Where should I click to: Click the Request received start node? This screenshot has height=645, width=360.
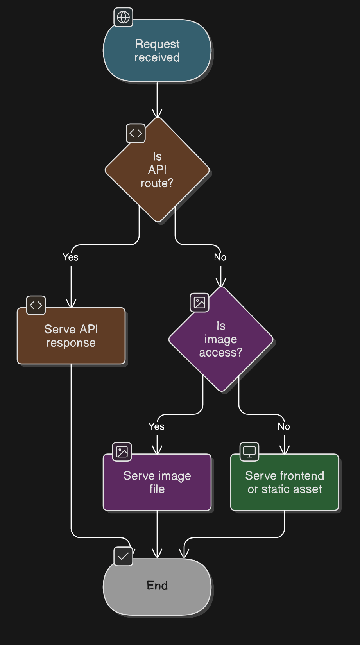pos(157,51)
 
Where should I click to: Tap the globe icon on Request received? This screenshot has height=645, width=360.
pos(123,17)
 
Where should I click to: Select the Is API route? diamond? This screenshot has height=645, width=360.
pos(157,170)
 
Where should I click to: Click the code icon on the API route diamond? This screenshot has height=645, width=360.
pos(136,133)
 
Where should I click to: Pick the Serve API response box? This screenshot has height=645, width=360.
pos(71,336)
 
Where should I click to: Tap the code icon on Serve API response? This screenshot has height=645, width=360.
pos(36,305)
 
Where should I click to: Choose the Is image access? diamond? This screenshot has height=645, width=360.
pos(221,339)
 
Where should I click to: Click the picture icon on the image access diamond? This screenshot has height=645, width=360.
pos(199,303)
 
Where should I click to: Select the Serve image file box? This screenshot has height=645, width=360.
pos(157,482)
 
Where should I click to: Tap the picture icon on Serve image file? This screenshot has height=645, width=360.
pos(122,452)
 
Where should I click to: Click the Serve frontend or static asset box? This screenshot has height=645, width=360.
pos(285,482)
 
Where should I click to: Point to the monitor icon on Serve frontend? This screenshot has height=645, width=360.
pos(249,452)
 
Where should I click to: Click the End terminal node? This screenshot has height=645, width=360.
pos(157,586)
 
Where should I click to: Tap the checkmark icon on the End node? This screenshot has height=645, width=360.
pos(123,556)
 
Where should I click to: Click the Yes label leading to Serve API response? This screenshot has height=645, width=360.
pos(70,257)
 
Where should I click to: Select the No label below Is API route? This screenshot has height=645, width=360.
pos(220,257)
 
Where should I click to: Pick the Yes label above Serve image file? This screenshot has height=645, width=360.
pos(156,426)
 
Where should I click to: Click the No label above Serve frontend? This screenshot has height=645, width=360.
pos(284,426)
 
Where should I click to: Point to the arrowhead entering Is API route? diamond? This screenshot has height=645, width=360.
pos(157,113)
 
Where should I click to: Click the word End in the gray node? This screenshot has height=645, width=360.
pos(157,586)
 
